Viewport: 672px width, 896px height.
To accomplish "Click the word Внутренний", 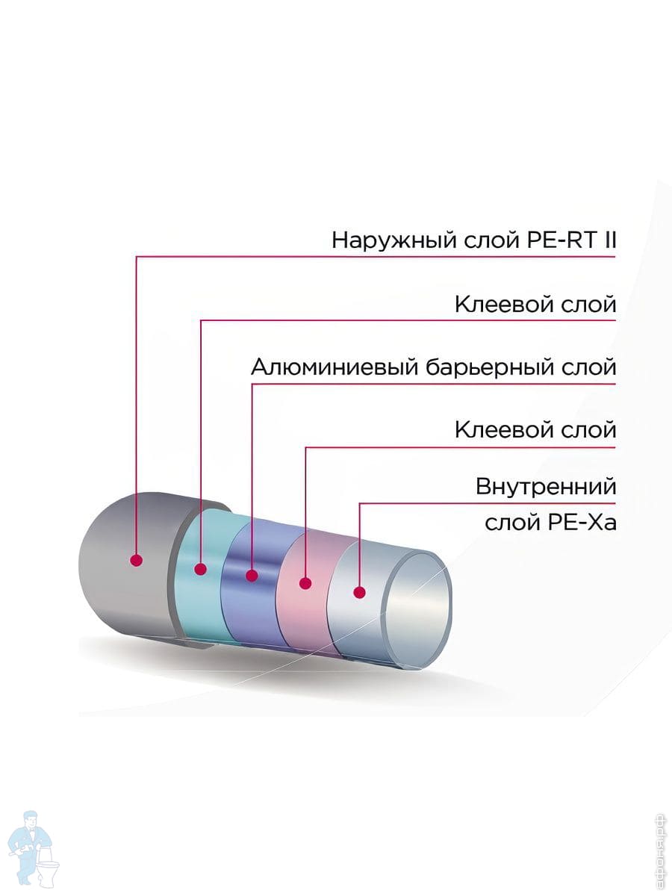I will point(546,488).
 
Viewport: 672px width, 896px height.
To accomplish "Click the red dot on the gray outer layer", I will point(136,560).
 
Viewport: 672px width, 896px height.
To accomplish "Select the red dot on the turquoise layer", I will point(200,569).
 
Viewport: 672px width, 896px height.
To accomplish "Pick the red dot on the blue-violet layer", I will point(252,576).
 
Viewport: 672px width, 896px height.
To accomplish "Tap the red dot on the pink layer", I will point(305,583).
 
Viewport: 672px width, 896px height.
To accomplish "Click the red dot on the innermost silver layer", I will point(359,593).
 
